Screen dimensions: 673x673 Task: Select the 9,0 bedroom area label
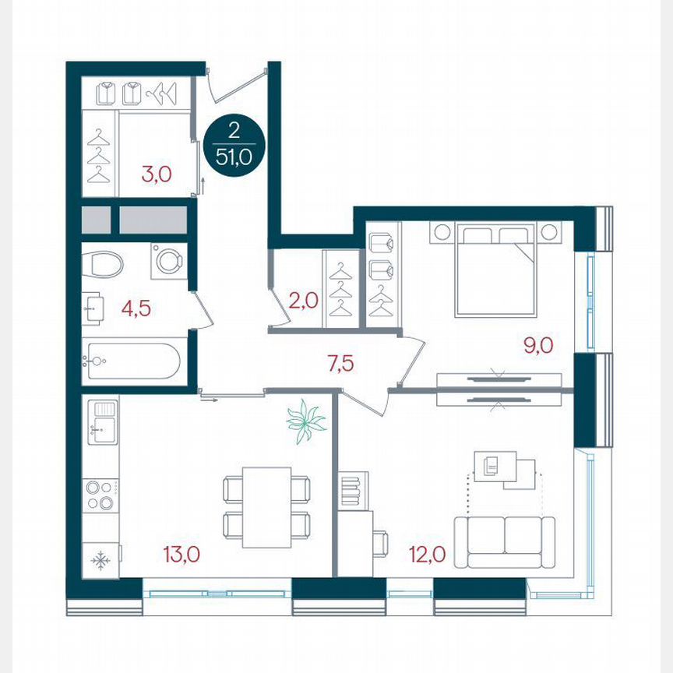[x=537, y=344]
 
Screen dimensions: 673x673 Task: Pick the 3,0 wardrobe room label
[x=156, y=173]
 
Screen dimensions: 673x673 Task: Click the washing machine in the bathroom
[x=169, y=260]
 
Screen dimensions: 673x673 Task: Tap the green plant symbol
[x=305, y=422]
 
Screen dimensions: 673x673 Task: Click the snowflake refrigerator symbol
[x=99, y=560]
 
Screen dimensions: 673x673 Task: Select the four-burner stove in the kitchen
[x=100, y=495]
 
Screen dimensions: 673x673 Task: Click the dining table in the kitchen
[x=266, y=506]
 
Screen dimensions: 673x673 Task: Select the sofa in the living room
[x=504, y=540]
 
